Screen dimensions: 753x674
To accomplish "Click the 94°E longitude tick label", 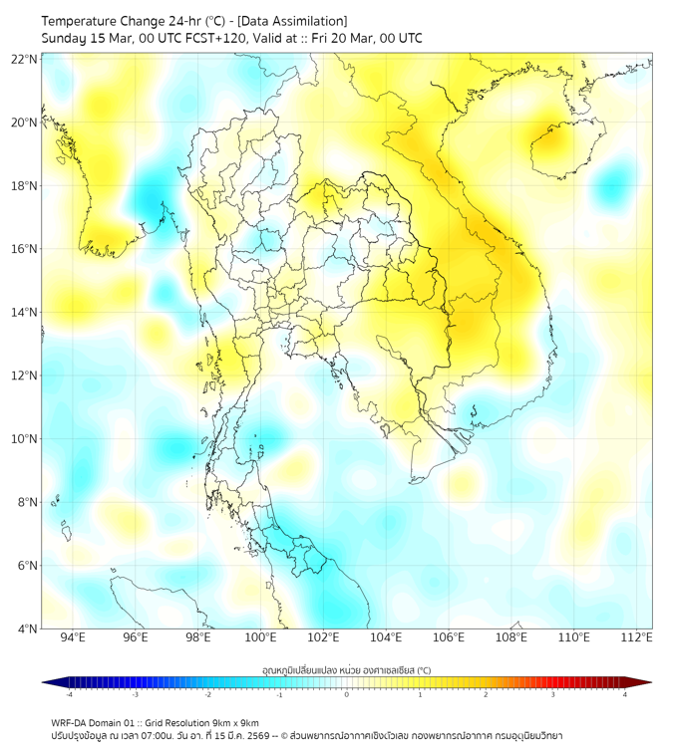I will click(73, 638).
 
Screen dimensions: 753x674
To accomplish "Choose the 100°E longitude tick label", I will click(261, 638).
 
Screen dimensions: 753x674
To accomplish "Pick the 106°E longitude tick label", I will click(449, 638).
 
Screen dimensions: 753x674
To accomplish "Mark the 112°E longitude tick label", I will click(637, 638).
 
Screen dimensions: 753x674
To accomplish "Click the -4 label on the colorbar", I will click(68, 695).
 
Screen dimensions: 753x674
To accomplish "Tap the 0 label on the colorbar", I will click(347, 695).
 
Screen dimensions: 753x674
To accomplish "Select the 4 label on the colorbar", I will click(625, 695).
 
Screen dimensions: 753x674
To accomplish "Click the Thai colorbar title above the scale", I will click(346, 670).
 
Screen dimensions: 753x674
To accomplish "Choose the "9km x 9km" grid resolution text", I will click(231, 722).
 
